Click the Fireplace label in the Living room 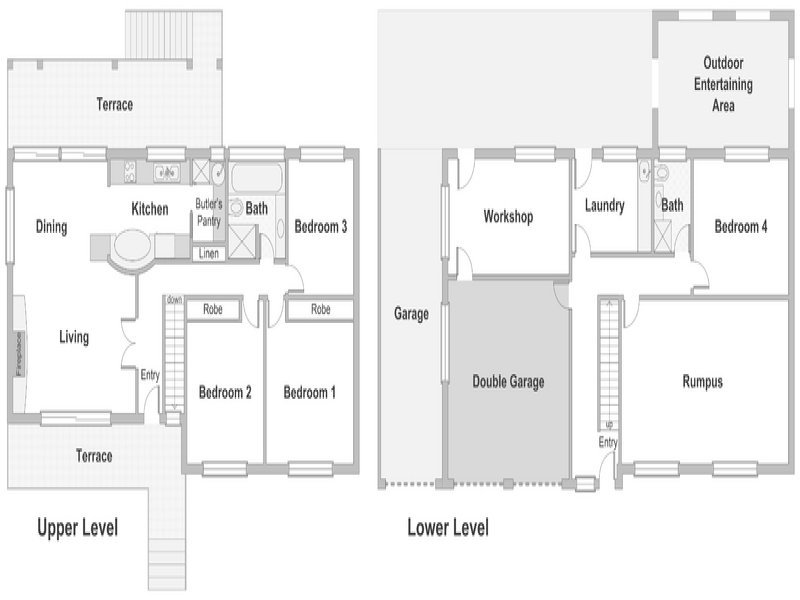pos(19,354)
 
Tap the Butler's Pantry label pos(209,212)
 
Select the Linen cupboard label pos(209,254)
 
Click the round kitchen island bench pos(132,245)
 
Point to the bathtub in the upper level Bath pos(256,177)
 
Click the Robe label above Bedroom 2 pos(213,309)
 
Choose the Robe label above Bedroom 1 pos(320,309)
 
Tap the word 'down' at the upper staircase pos(174,300)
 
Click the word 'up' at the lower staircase pos(609,424)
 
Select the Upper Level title pos(78,528)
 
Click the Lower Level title pos(448,528)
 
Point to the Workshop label pos(508,217)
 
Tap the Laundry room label pos(605,206)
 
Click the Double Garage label pos(508,382)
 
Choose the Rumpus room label pos(703,382)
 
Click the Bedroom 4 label pos(741,227)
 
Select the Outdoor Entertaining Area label pos(723,84)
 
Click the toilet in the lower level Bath pos(662,172)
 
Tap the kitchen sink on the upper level pos(167,173)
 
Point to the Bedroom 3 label pos(320,227)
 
